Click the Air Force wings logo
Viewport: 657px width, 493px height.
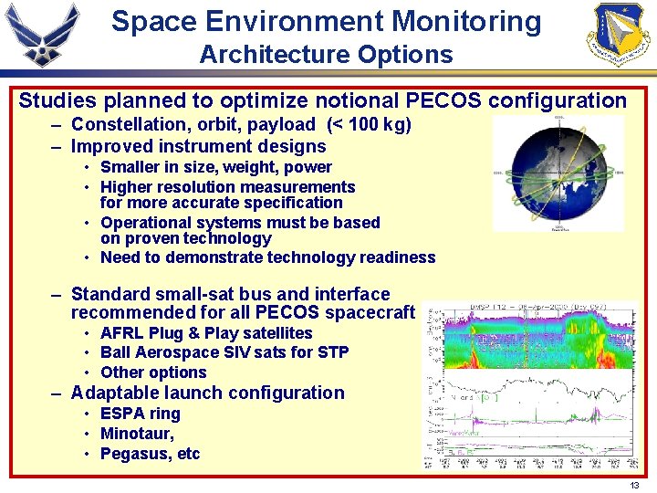(x=43, y=35)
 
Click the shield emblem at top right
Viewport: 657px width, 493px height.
(x=620, y=35)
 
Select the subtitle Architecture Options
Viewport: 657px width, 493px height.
(x=326, y=54)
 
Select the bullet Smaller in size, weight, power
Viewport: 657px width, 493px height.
(x=215, y=167)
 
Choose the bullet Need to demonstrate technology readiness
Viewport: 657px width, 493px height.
(x=267, y=257)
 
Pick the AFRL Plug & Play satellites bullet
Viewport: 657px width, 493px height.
(x=205, y=333)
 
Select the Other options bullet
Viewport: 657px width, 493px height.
(x=153, y=372)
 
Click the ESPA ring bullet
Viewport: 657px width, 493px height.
(x=140, y=414)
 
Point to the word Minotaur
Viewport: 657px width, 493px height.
(x=135, y=434)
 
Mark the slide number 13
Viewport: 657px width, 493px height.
(x=634, y=485)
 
